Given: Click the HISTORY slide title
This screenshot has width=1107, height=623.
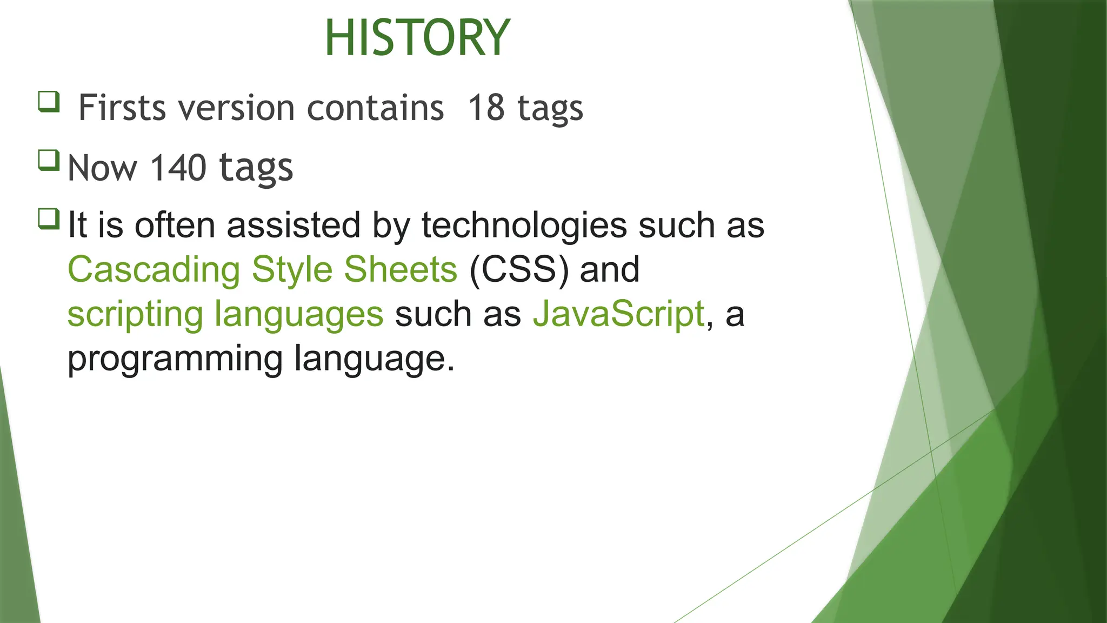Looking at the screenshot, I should pyautogui.click(x=417, y=38).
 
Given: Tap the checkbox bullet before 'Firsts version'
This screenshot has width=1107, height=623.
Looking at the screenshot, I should pyautogui.click(x=49, y=102).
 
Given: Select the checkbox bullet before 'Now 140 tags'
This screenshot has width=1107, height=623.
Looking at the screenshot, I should pyautogui.click(x=49, y=161).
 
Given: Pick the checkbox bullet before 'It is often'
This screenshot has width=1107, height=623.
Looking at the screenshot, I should pyautogui.click(x=49, y=219).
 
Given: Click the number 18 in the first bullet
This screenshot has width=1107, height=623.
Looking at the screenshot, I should pyautogui.click(x=486, y=108).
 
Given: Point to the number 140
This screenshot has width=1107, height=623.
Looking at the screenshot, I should pyautogui.click(x=178, y=168).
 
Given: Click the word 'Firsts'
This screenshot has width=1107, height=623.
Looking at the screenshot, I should pyautogui.click(x=122, y=108).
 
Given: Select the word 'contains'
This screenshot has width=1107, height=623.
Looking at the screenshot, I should pyautogui.click(x=375, y=108).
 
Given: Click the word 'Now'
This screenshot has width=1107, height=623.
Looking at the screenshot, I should pyautogui.click(x=103, y=168).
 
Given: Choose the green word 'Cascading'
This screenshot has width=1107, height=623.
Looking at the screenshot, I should pyautogui.click(x=154, y=269).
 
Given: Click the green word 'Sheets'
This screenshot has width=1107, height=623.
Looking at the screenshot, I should pyautogui.click(x=401, y=269).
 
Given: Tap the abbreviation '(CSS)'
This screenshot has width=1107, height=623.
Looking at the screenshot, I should pyautogui.click(x=519, y=269).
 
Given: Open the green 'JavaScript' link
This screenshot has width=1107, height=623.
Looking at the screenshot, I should pyautogui.click(x=619, y=314).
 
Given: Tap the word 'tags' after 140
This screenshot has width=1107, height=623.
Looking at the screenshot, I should pyautogui.click(x=256, y=169).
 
